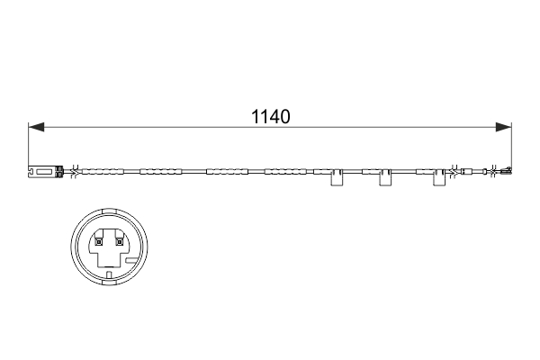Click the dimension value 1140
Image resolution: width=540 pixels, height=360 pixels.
270,117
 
